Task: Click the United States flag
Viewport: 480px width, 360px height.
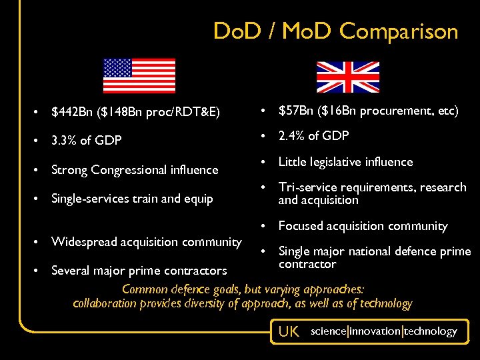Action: tap(139, 75)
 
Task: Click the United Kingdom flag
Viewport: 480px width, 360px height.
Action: tap(347, 77)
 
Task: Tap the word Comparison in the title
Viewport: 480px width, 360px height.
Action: tap(399, 31)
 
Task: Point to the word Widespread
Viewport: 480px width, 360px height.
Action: tap(83, 241)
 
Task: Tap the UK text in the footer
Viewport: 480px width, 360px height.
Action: tap(289, 331)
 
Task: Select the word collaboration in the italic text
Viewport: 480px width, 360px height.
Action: tap(104, 303)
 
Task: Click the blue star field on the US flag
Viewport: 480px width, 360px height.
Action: tap(117, 67)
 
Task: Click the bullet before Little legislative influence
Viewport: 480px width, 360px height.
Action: tap(266, 162)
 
